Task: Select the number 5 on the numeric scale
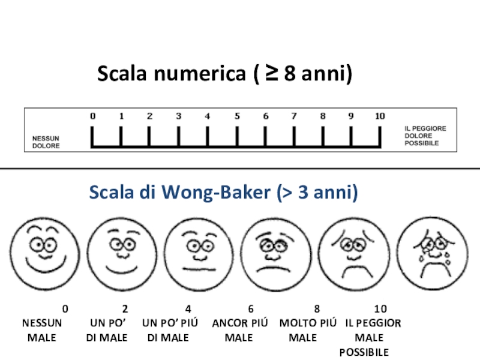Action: tap(237, 116)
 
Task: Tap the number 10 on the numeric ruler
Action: tap(379, 116)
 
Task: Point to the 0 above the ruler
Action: tap(92, 116)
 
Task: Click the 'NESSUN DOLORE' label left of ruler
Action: tap(46, 142)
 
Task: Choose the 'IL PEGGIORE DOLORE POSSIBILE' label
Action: tap(425, 136)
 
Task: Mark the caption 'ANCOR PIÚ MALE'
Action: tap(240, 330)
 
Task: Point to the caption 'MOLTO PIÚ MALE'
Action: tap(308, 330)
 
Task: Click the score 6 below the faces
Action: tap(250, 309)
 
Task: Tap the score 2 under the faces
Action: tap(125, 309)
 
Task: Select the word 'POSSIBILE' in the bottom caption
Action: tap(364, 352)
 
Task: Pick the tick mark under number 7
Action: tap(294, 136)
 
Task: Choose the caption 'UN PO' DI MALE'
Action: tap(107, 330)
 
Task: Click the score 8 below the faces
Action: tap(317, 309)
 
